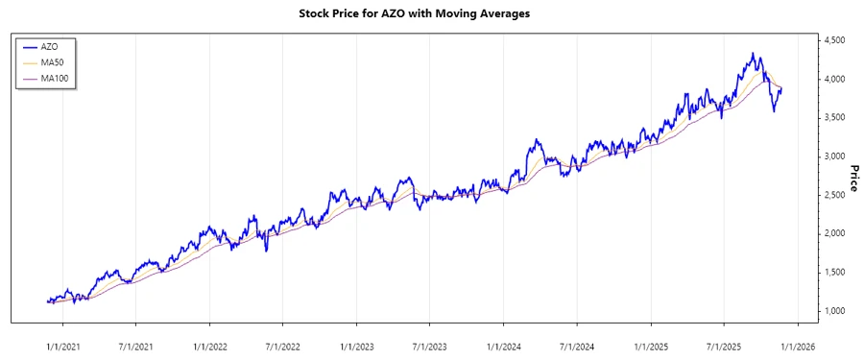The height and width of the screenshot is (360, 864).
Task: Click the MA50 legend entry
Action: (54, 61)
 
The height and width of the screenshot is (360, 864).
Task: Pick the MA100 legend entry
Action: (56, 78)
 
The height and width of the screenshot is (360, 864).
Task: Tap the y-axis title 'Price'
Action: (853, 176)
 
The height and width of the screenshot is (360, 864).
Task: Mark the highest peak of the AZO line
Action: (753, 53)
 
